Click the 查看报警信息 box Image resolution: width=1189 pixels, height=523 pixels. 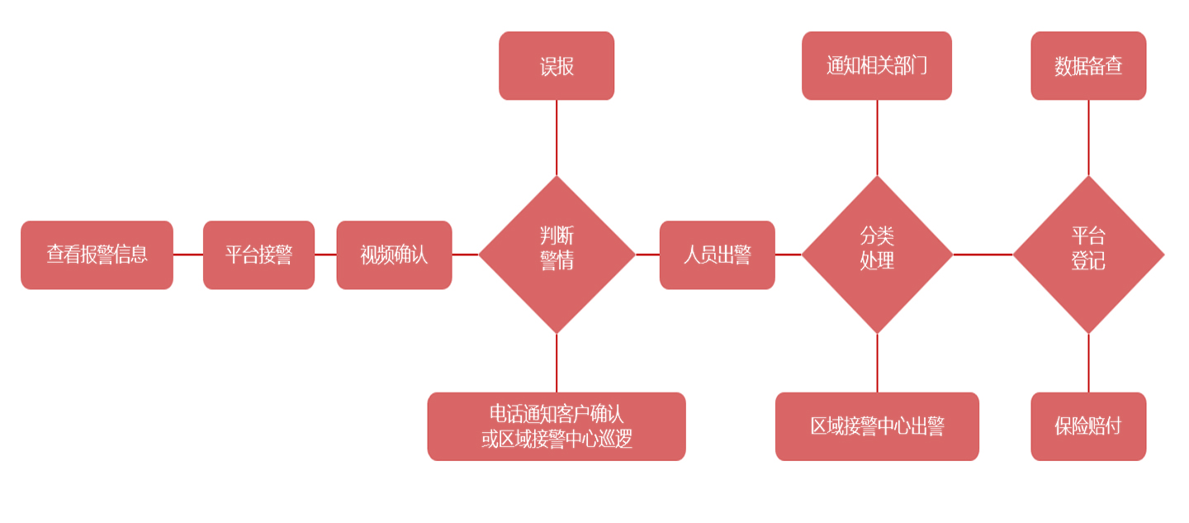pyautogui.click(x=97, y=254)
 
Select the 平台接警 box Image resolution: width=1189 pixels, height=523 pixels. pyautogui.click(x=258, y=254)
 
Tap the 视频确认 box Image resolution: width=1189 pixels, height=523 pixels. pyautogui.click(x=394, y=254)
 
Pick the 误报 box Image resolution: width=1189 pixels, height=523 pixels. pyautogui.click(x=557, y=66)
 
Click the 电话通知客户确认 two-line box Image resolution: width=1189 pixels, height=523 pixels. pyautogui.click(x=557, y=426)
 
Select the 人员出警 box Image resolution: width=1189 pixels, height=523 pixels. pyautogui.click(x=717, y=254)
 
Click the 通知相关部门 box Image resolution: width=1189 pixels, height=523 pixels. pyautogui.click(x=877, y=66)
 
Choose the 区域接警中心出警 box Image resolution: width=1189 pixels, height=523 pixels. pyautogui.click(x=877, y=426)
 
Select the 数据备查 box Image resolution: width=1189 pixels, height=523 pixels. pyautogui.click(x=1088, y=66)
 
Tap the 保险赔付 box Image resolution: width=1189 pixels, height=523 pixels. pyautogui.click(x=1088, y=426)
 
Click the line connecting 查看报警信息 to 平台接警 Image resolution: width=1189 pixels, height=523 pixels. pyautogui.click(x=188, y=254)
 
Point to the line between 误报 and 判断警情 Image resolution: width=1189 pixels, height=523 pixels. pyautogui.click(x=557, y=137)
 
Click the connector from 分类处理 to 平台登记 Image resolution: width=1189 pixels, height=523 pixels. pyautogui.click(x=983, y=254)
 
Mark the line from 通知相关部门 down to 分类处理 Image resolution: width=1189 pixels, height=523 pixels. pyautogui.click(x=877, y=137)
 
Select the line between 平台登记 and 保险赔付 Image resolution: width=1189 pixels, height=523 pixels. pyautogui.click(x=1088, y=363)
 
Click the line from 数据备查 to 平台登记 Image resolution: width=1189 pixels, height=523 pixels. pyautogui.click(x=1088, y=137)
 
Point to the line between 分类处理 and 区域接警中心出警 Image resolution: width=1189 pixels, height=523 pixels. pyautogui.click(x=877, y=363)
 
